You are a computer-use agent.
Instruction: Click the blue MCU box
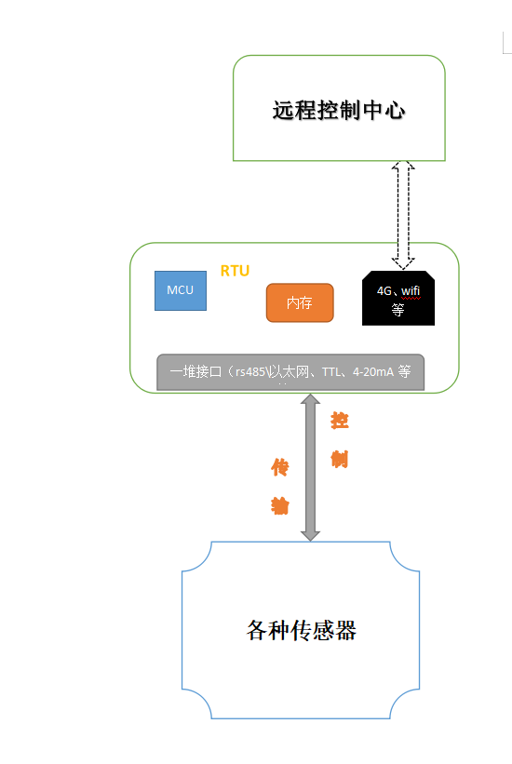point(181,290)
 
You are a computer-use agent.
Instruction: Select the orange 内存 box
point(299,303)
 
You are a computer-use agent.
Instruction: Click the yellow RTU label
point(235,271)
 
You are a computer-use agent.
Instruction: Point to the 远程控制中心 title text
point(339,110)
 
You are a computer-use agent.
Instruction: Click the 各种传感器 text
point(302,631)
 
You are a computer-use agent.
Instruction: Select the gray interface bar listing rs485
point(290,372)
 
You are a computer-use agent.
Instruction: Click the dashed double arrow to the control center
point(403,213)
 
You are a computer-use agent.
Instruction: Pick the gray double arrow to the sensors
point(310,467)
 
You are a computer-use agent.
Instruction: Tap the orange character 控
point(340,421)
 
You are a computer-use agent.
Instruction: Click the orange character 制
point(340,459)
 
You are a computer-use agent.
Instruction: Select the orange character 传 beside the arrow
point(279,466)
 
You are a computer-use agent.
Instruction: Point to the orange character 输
point(279,505)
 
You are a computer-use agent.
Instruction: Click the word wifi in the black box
point(411,290)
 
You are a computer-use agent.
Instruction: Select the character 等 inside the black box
point(397,311)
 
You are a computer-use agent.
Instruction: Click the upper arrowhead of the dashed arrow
point(403,168)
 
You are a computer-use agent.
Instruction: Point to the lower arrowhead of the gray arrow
point(310,533)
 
